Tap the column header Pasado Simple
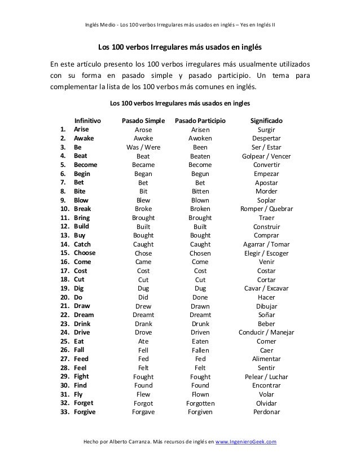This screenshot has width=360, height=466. point(143,121)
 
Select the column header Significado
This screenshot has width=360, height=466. point(266,121)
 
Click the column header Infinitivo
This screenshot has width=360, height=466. point(87,121)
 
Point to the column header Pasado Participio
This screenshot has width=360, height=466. point(200,121)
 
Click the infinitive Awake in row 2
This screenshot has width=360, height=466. point(84,138)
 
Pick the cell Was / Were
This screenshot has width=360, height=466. point(143,147)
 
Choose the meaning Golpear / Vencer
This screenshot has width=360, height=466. point(266,156)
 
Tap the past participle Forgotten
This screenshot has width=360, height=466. point(200,403)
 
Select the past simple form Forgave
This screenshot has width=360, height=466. point(143,412)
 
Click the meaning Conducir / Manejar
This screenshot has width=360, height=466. point(266,332)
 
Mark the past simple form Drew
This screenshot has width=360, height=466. point(143,306)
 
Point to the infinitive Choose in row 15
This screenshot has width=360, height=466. point(85,253)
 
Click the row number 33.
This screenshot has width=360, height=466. point(64,412)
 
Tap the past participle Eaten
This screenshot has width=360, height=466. point(200,341)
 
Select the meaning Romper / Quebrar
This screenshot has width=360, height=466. point(266,209)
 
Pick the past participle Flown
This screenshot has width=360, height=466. point(200,394)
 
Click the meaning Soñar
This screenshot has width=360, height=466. point(266,315)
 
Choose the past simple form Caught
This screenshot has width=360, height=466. point(143,244)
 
